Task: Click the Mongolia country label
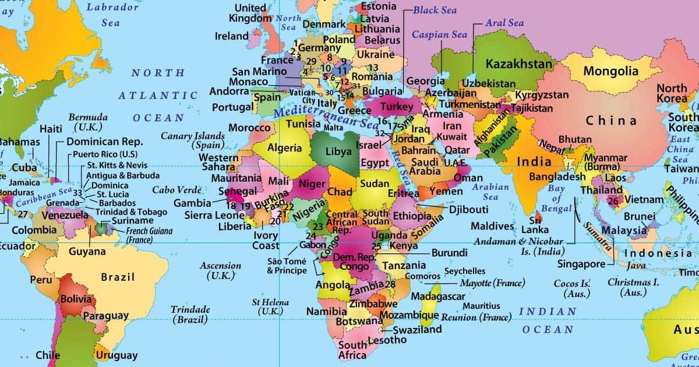(x=611, y=72)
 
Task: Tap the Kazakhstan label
(x=519, y=63)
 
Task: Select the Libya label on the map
(x=338, y=151)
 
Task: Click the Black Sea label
(x=435, y=10)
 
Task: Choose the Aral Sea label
(x=504, y=23)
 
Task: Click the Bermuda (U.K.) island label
(x=88, y=122)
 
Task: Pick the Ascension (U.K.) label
(x=220, y=270)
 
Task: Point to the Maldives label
(x=492, y=226)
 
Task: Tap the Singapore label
(x=581, y=264)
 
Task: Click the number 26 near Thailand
(x=613, y=201)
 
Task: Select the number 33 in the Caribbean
(x=77, y=193)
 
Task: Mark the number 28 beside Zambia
(x=390, y=284)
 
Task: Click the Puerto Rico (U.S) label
(x=105, y=155)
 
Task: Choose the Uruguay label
(x=117, y=355)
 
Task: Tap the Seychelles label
(x=464, y=271)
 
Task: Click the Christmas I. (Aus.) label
(x=633, y=287)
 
